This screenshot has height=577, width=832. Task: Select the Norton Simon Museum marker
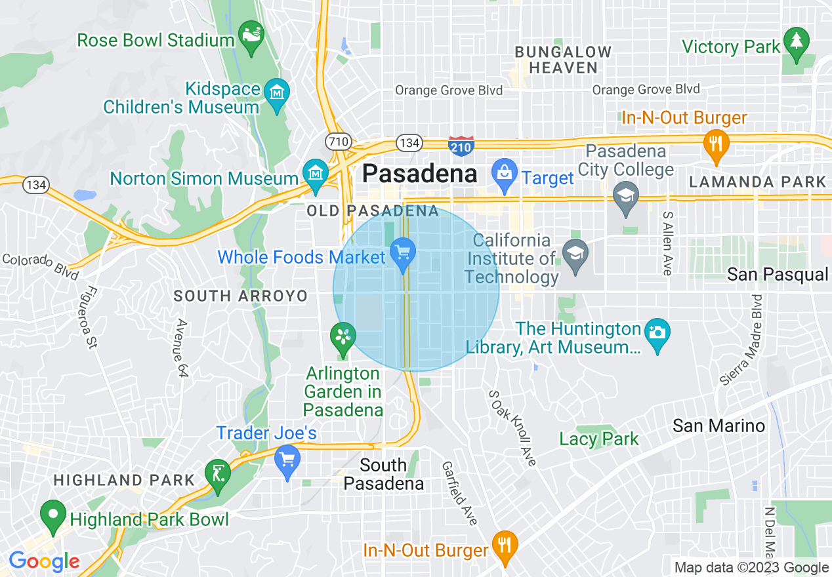(x=316, y=172)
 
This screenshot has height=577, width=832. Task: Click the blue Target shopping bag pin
(x=504, y=174)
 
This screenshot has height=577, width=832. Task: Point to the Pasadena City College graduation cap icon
(x=626, y=195)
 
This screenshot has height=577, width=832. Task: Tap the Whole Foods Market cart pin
(x=402, y=253)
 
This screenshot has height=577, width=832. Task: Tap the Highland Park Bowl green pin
(x=52, y=514)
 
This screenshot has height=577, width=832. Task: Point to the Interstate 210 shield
(x=461, y=146)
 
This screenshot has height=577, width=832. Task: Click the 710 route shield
(x=339, y=141)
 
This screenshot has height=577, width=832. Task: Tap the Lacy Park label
(x=599, y=439)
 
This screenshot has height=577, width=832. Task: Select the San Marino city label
(x=718, y=426)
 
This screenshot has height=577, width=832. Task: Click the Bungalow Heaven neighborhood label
(x=563, y=59)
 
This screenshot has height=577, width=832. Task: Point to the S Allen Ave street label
(x=668, y=243)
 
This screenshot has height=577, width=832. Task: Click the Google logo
(x=43, y=562)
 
